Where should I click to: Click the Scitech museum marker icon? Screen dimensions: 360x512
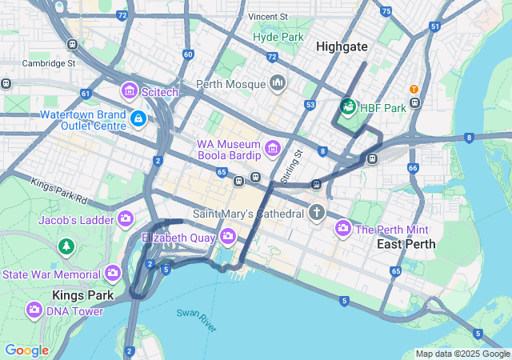[x=130, y=92]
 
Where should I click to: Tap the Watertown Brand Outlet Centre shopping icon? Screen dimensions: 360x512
[x=138, y=119]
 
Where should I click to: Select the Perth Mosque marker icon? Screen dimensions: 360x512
[x=278, y=83]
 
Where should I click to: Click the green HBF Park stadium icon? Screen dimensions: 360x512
[x=348, y=106]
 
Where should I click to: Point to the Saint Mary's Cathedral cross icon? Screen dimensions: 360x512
[x=317, y=213]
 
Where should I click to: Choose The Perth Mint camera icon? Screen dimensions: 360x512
[x=343, y=229]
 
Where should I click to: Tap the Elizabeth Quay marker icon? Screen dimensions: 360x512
[x=228, y=236]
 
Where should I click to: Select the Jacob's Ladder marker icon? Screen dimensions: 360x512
[x=126, y=218]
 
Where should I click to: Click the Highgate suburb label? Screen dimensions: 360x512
[x=342, y=47]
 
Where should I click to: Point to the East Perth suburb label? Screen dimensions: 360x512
[x=406, y=244]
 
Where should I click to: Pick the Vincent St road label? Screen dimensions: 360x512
[x=267, y=16]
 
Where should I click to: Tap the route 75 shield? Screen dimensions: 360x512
[x=386, y=11]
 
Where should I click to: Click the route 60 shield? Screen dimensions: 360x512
[x=188, y=54]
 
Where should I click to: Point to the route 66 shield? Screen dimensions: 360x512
[x=413, y=168]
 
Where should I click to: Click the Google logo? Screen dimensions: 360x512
[x=26, y=350]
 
